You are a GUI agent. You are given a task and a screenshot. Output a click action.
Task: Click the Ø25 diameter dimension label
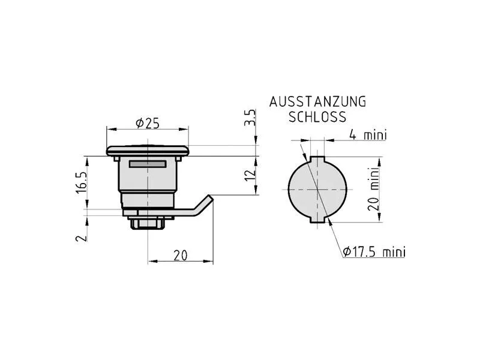[148, 124]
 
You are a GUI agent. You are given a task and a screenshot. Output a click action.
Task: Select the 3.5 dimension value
[250, 118]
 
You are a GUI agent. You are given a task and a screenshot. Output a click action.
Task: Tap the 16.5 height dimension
[82, 182]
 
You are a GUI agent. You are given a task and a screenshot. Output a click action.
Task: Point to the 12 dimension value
[250, 175]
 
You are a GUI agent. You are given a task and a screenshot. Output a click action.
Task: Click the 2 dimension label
[82, 238]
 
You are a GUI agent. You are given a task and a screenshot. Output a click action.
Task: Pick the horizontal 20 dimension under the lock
[181, 255]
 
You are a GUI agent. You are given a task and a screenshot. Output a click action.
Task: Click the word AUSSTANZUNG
[318, 101]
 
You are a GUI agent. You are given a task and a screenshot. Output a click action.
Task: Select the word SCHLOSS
[317, 116]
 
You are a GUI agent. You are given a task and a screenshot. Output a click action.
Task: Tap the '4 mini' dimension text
[368, 134]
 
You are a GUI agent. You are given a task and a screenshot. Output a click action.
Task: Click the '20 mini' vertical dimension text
[373, 189]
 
